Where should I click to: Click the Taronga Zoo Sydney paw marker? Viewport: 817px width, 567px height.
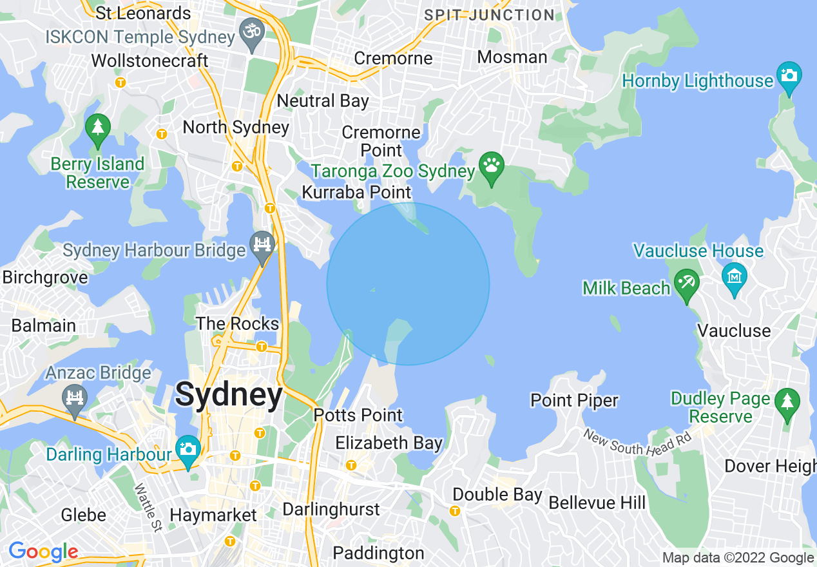[x=491, y=167]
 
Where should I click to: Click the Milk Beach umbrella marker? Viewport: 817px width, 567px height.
[x=686, y=283]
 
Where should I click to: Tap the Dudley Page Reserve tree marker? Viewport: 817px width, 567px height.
[x=787, y=403]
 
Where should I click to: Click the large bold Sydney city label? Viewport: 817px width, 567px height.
[x=229, y=394]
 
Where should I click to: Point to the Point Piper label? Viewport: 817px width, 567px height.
[x=574, y=400]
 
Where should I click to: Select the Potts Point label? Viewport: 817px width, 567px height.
[x=358, y=415]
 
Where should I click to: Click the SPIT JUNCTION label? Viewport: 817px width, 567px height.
[x=489, y=15]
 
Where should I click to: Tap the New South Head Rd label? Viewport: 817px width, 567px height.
[x=637, y=441]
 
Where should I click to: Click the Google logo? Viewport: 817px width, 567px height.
[x=43, y=552]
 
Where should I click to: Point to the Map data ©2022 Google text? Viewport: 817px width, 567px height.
[x=738, y=558]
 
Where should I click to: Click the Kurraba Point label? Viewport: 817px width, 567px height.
[x=356, y=192]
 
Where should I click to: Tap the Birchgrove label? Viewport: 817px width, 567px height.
[x=45, y=278]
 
